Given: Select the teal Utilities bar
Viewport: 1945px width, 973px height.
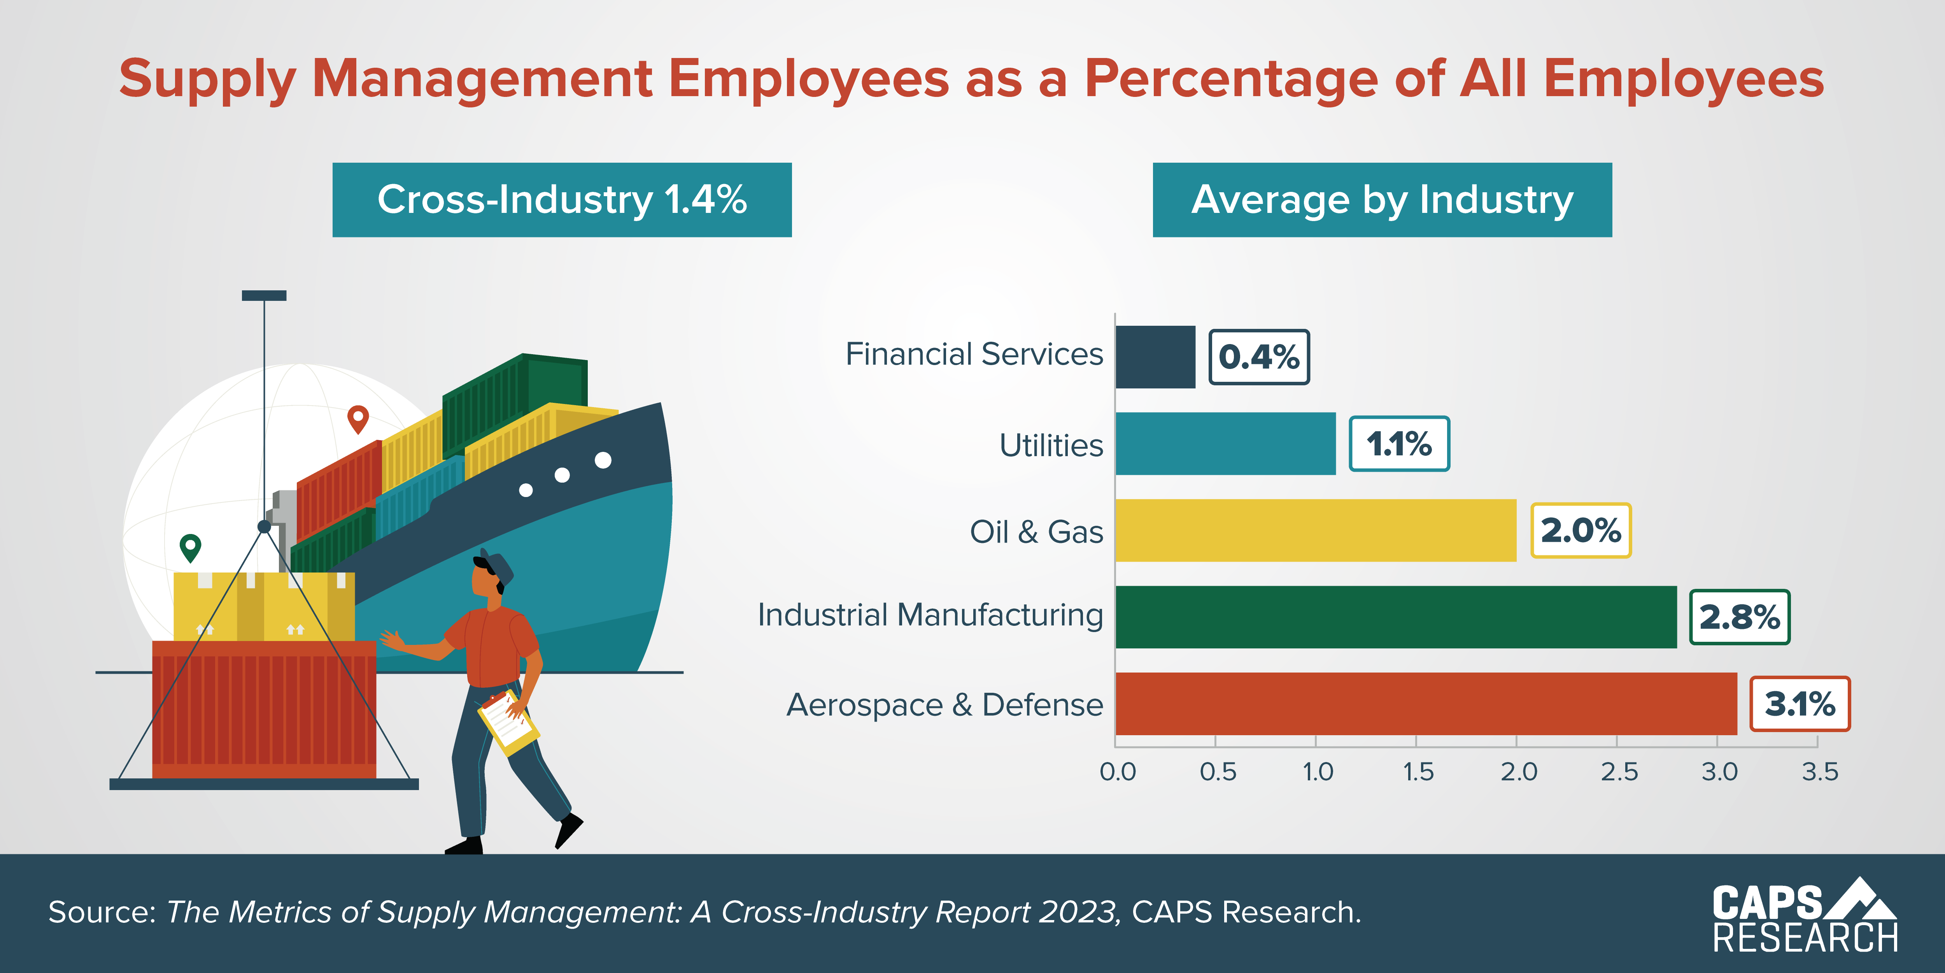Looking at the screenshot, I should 1225,443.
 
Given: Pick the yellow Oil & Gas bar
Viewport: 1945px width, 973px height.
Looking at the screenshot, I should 1315,530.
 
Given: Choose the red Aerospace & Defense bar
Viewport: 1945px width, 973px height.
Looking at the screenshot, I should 1426,703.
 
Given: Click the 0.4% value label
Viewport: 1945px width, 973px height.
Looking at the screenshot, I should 1259,357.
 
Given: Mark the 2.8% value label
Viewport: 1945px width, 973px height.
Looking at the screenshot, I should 1739,617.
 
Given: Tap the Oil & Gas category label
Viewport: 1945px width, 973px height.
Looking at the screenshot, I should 1036,532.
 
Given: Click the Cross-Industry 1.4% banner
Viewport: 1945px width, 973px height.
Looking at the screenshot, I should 562,200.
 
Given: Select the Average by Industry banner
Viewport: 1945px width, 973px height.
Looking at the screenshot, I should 1382,200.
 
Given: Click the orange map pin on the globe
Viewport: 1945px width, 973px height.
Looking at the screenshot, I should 358,418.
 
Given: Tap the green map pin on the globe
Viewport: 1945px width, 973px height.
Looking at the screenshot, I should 190,546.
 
